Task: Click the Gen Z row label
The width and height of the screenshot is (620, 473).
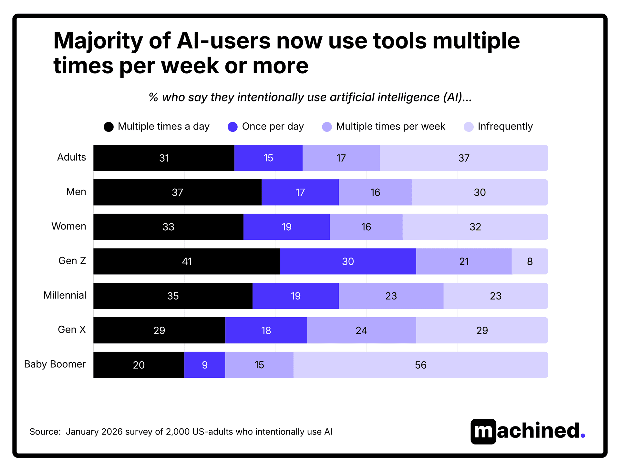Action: coord(72,261)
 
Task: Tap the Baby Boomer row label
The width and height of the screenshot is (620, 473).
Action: coord(55,364)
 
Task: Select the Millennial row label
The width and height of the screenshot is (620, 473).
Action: coord(65,295)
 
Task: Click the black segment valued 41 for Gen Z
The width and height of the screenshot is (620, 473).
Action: coord(187,261)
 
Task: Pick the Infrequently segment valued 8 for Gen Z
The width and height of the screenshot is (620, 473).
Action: coord(530,261)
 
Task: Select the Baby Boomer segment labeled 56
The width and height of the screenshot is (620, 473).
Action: coord(420,365)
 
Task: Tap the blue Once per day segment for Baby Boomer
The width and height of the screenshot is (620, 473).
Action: coord(205,365)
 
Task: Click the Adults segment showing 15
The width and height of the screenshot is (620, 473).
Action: coord(268,158)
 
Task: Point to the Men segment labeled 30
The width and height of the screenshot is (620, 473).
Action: coord(480,193)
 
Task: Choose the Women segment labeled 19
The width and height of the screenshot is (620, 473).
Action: coord(286,227)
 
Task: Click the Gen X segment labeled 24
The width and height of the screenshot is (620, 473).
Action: coord(361,330)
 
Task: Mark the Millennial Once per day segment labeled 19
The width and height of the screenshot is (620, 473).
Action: coord(295,296)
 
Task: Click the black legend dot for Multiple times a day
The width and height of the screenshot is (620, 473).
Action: coord(108,127)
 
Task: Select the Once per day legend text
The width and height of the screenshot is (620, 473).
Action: coord(273,126)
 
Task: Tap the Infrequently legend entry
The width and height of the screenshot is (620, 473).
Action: coord(505,126)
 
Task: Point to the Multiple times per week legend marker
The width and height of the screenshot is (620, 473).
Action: coord(327,127)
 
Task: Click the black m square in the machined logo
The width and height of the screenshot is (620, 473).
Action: coord(483,432)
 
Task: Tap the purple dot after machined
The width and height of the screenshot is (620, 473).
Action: coord(583,436)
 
